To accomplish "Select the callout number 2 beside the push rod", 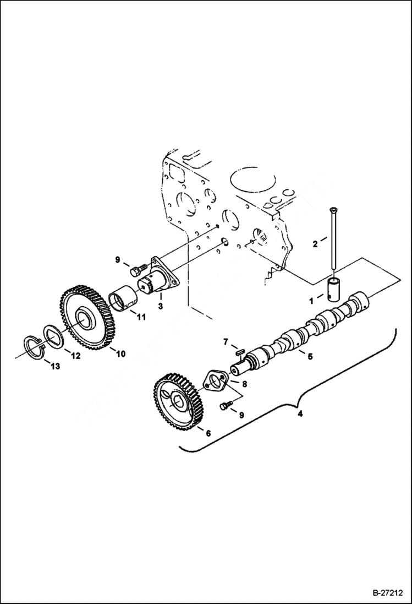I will tap(316, 243).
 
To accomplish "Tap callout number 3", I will tap(160, 304).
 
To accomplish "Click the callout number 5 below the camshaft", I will tap(310, 356).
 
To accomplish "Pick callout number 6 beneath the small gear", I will tap(208, 433).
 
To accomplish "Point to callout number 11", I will tap(141, 317).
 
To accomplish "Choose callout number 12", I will tap(76, 356).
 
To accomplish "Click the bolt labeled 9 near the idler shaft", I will tap(136, 270).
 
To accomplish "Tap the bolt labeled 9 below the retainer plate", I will tap(223, 406).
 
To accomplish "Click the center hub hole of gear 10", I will tap(86, 318).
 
